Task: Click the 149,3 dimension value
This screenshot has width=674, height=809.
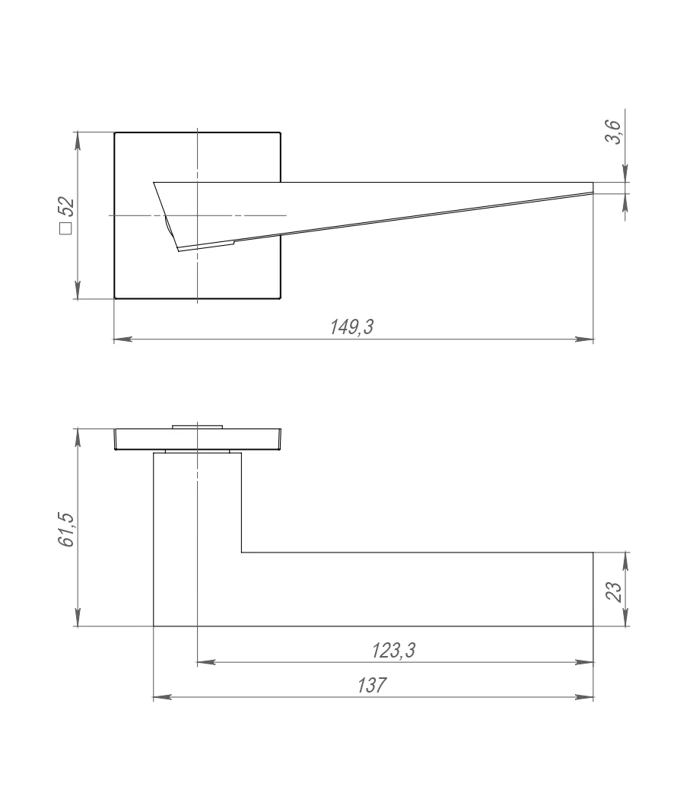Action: click(x=351, y=326)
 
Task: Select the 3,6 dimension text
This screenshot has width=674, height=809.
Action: click(x=614, y=132)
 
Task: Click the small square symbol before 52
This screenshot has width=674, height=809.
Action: click(x=66, y=228)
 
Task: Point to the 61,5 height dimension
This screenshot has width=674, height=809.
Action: click(x=66, y=530)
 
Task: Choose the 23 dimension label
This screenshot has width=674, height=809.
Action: click(x=614, y=591)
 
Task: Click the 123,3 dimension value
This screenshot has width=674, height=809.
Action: click(x=393, y=651)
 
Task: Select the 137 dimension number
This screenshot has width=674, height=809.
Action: click(x=371, y=685)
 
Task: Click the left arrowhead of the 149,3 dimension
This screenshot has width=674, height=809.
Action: click(x=122, y=339)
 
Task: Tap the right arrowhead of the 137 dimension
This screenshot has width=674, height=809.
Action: click(x=584, y=698)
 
